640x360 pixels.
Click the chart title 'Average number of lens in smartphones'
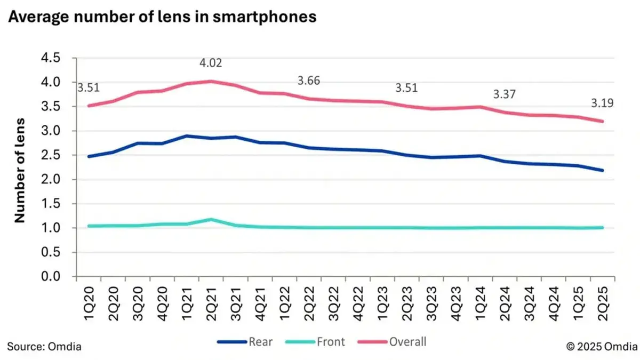tap(162, 17)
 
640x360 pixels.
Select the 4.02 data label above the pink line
tap(211, 63)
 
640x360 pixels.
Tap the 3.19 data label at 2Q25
tap(602, 103)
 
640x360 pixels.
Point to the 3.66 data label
tap(309, 81)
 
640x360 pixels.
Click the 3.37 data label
tap(505, 94)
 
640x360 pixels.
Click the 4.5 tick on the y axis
tap(51, 58)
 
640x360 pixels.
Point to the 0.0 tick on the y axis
tap(51, 277)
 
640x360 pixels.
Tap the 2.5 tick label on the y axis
tap(51, 155)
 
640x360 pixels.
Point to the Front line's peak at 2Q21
tap(211, 219)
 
